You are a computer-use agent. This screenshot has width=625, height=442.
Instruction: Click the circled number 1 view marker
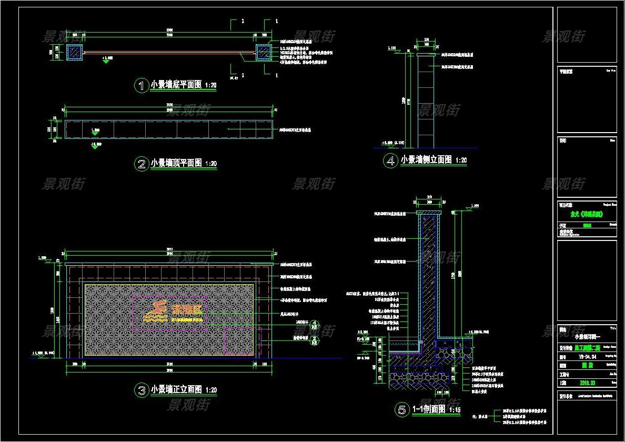142,85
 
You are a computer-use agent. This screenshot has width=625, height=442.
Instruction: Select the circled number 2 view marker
142,164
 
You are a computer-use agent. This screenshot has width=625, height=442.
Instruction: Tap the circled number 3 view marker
142,390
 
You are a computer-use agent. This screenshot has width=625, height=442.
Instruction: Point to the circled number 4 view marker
390,160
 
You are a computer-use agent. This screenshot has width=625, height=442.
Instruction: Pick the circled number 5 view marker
402,409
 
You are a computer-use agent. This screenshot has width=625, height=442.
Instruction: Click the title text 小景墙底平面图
176,85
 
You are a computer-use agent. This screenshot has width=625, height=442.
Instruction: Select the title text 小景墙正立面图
176,390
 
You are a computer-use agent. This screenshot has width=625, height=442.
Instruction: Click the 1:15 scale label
455,410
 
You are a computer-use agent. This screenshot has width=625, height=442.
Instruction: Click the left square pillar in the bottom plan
75,52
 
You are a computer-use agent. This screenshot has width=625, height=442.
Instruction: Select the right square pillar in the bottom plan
263,52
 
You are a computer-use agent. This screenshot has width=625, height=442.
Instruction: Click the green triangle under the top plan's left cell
95,147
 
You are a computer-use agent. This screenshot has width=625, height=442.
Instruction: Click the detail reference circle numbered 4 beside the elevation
315,324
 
